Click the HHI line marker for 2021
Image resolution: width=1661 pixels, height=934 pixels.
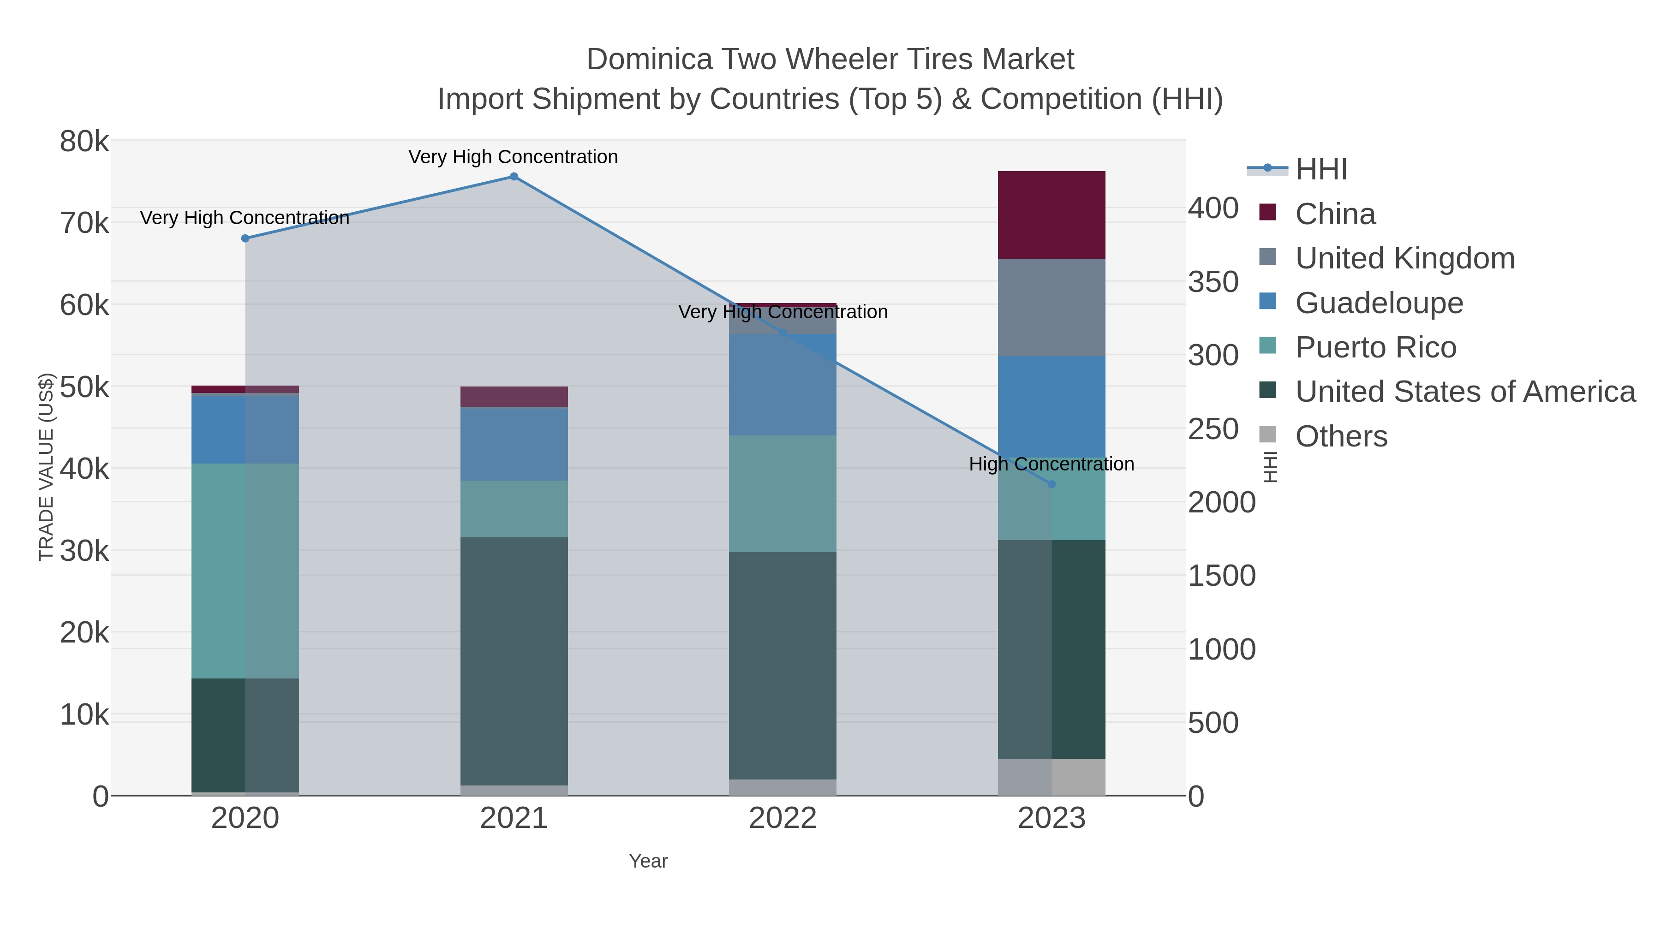coord(514,177)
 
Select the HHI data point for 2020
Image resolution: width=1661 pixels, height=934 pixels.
coord(245,238)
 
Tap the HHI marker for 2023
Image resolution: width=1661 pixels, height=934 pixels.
coord(1052,484)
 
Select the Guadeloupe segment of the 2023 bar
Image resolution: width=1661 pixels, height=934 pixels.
coord(1052,406)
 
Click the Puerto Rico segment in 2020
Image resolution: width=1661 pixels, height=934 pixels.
coord(245,571)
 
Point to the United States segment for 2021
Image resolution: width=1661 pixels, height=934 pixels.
coord(514,660)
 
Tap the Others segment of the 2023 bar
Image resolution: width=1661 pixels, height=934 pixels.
coord(1052,777)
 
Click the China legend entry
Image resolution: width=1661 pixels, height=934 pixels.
coord(1335,214)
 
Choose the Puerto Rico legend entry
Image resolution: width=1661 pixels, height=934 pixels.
coord(1375,347)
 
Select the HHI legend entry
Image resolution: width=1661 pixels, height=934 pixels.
coord(1320,170)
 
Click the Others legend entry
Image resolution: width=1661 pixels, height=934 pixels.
coord(1340,436)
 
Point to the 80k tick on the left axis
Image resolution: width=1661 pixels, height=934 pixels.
coord(84,142)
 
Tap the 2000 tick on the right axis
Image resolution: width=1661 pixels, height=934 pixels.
coord(1221,502)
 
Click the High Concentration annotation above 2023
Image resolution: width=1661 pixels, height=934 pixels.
coord(1052,464)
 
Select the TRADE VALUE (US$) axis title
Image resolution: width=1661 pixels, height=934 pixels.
coord(47,467)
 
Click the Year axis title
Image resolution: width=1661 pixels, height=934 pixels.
coord(648,861)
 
